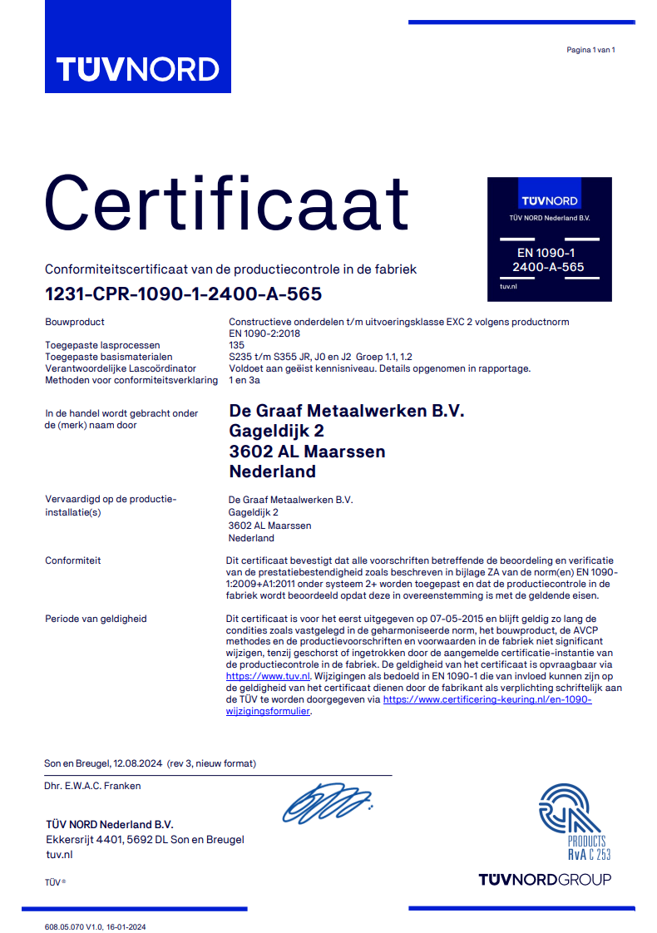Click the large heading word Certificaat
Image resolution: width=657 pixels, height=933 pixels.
pyautogui.click(x=226, y=201)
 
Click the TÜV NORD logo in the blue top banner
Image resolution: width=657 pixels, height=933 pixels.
pyautogui.click(x=138, y=68)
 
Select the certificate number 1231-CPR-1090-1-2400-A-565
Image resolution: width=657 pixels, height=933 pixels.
pyautogui.click(x=183, y=294)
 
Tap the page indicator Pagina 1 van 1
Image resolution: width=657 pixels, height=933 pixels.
pyautogui.click(x=590, y=50)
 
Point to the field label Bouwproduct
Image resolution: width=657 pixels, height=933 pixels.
pyautogui.click(x=75, y=322)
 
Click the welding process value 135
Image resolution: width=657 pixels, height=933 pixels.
pyautogui.click(x=236, y=345)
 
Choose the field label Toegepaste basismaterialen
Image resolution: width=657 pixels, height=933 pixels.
pyautogui.click(x=108, y=357)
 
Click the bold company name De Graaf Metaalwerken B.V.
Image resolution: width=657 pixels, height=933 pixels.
pyautogui.click(x=346, y=412)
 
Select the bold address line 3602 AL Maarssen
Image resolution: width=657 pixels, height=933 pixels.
pyautogui.click(x=307, y=452)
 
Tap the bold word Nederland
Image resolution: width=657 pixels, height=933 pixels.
pyautogui.click(x=272, y=471)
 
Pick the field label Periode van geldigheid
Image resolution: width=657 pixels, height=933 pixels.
pyautogui.click(x=96, y=619)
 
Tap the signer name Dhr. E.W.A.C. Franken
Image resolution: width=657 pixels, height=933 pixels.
pyautogui.click(x=92, y=786)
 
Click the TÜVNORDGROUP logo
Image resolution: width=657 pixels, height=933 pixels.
pyautogui.click(x=545, y=880)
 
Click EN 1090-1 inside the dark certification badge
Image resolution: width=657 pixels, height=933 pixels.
pyautogui.click(x=546, y=253)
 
